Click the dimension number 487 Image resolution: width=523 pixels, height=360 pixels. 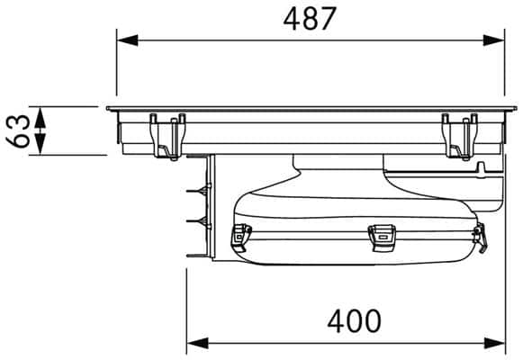tap(310, 19)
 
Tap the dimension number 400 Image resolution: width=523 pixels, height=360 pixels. tap(354, 321)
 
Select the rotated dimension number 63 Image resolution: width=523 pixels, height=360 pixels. tap(18, 131)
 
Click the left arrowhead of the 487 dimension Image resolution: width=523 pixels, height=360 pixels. tap(128, 40)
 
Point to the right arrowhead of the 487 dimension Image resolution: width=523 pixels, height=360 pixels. tap(493, 40)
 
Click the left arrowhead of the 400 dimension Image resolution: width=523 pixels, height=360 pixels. tap(197, 343)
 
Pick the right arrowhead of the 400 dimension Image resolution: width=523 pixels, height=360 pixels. tap(494, 343)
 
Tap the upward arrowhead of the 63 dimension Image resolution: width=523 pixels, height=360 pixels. tap(40, 118)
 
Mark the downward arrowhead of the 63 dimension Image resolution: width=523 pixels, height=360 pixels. tap(40, 144)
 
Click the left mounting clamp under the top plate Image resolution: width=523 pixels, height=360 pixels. tap(167, 137)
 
